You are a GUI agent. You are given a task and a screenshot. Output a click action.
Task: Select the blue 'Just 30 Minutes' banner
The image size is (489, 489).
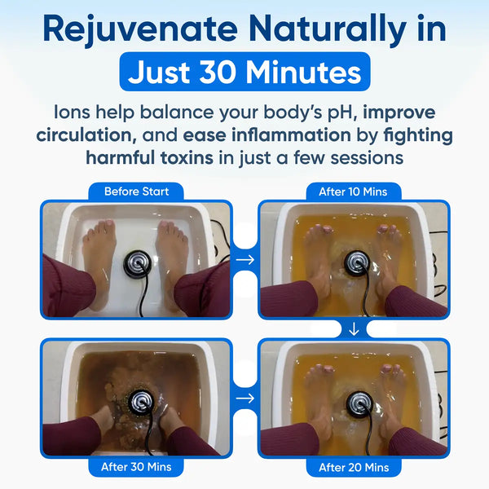pos(244,73)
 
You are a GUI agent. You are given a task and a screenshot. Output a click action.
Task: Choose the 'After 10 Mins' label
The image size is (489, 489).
pos(354,192)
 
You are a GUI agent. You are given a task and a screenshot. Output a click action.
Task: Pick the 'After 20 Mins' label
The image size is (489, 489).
pos(354,467)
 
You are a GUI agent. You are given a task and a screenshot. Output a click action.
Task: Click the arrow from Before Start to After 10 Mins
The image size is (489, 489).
pos(244,260)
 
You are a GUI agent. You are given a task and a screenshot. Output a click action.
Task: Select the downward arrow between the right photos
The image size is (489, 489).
pos(354,328)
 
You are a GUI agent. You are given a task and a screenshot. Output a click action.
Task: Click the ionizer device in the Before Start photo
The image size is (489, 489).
pos(136,264)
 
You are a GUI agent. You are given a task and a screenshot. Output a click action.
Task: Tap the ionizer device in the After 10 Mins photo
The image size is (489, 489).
pos(355,262)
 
